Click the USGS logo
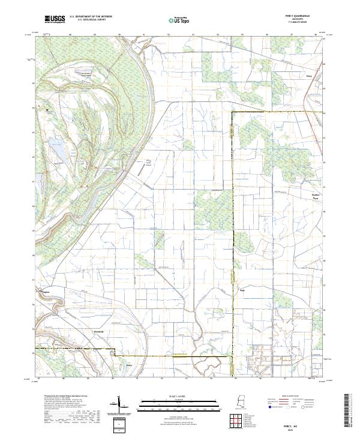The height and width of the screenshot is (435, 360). pos(53,20)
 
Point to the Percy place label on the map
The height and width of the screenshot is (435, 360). pos(309,76)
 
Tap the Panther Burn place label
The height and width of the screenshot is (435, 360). pos(318,195)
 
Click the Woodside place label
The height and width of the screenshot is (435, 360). pos(97,331)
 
